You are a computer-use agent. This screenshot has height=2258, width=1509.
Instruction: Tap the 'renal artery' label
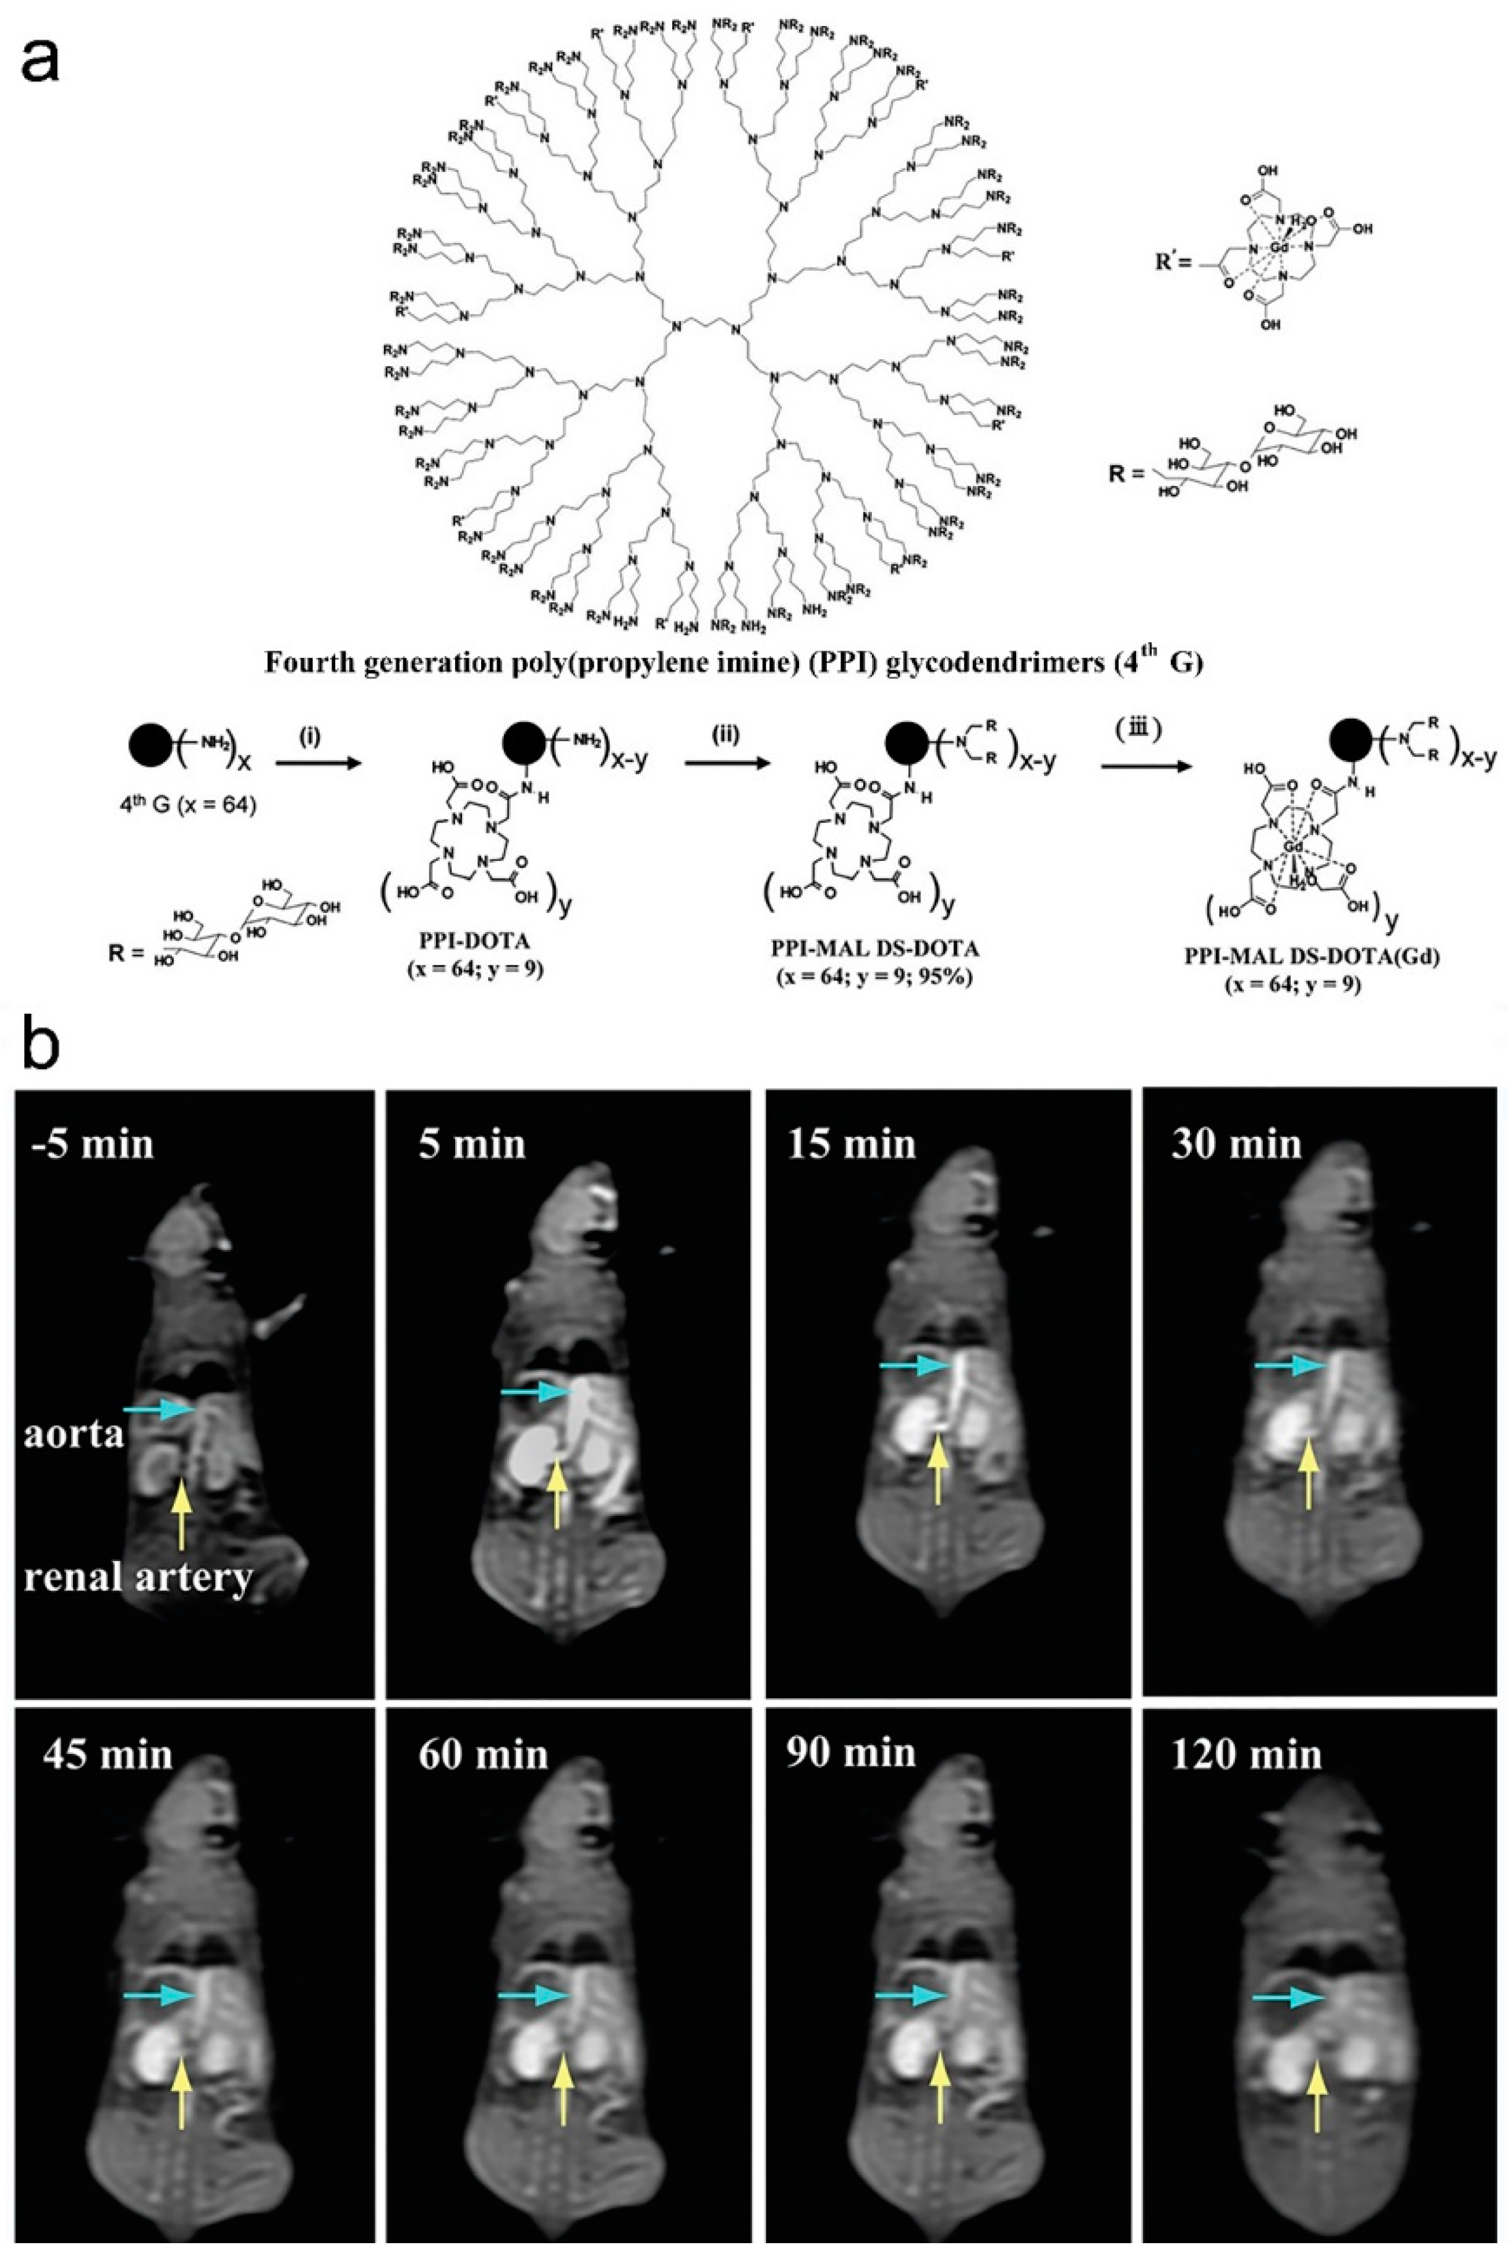[138, 1576]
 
